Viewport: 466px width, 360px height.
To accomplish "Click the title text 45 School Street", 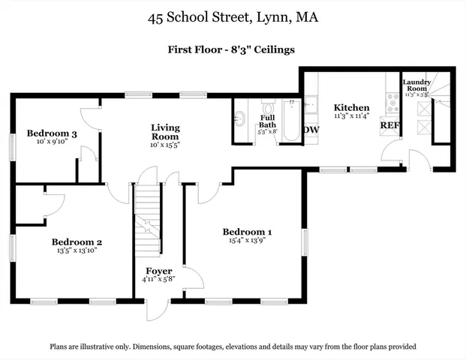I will [233, 16].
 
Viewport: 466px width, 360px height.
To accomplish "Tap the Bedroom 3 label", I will [53, 134].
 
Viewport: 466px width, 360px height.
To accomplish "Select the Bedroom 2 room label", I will [77, 242].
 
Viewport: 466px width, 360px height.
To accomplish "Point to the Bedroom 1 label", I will [247, 232].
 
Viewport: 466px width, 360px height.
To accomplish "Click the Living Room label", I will [164, 132].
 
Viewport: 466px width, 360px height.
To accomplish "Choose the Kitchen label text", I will [352, 107].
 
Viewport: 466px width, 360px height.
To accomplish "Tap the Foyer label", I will [159, 271].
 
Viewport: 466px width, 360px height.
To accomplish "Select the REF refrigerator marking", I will [389, 125].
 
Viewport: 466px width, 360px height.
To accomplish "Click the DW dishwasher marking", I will [311, 130].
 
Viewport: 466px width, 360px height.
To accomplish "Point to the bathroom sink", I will [240, 118].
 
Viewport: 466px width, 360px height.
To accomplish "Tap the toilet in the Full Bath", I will [268, 106].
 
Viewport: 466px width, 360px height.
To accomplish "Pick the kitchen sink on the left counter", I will [310, 104].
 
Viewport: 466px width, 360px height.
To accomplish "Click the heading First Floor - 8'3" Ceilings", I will [231, 49].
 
